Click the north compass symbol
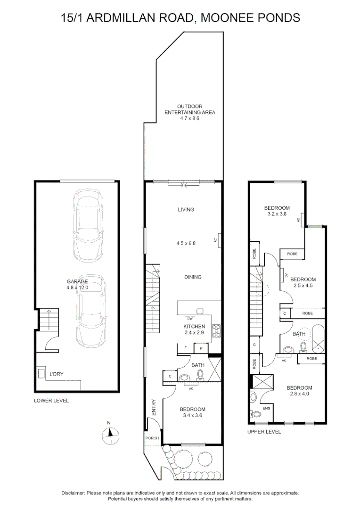(111, 434)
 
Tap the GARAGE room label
(77, 281)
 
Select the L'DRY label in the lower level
(57, 374)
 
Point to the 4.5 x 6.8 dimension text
(186, 243)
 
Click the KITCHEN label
(194, 326)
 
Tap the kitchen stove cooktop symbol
(217, 330)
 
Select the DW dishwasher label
(190, 319)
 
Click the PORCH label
(152, 438)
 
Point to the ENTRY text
(154, 407)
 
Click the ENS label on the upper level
(266, 408)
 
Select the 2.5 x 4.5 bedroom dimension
(303, 285)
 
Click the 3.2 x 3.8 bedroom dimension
(277, 214)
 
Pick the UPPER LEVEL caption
(264, 432)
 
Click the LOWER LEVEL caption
(51, 401)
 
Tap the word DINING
(193, 277)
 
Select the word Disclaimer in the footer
(73, 493)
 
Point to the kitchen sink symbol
(200, 312)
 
